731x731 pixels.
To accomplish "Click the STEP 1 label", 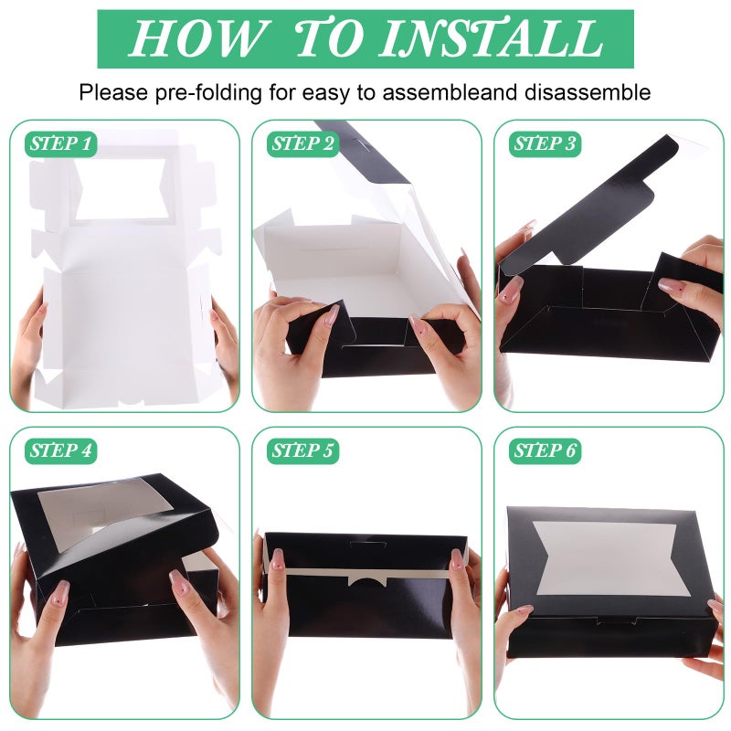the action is click(x=60, y=143).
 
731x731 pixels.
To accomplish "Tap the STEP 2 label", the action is click(x=302, y=143).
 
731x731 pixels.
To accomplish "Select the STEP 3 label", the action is click(x=545, y=143).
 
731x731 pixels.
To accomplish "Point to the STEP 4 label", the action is click(x=60, y=450).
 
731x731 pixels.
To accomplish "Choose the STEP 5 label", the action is click(x=302, y=450).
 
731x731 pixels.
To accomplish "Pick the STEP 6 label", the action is click(x=545, y=450).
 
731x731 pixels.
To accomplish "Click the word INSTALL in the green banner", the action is click(x=492, y=38).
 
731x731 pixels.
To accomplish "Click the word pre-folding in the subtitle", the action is click(x=208, y=93).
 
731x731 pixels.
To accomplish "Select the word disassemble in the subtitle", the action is click(x=587, y=92).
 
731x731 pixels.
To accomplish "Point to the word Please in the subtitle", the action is click(x=113, y=92).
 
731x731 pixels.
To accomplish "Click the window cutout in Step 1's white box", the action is click(x=122, y=189).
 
